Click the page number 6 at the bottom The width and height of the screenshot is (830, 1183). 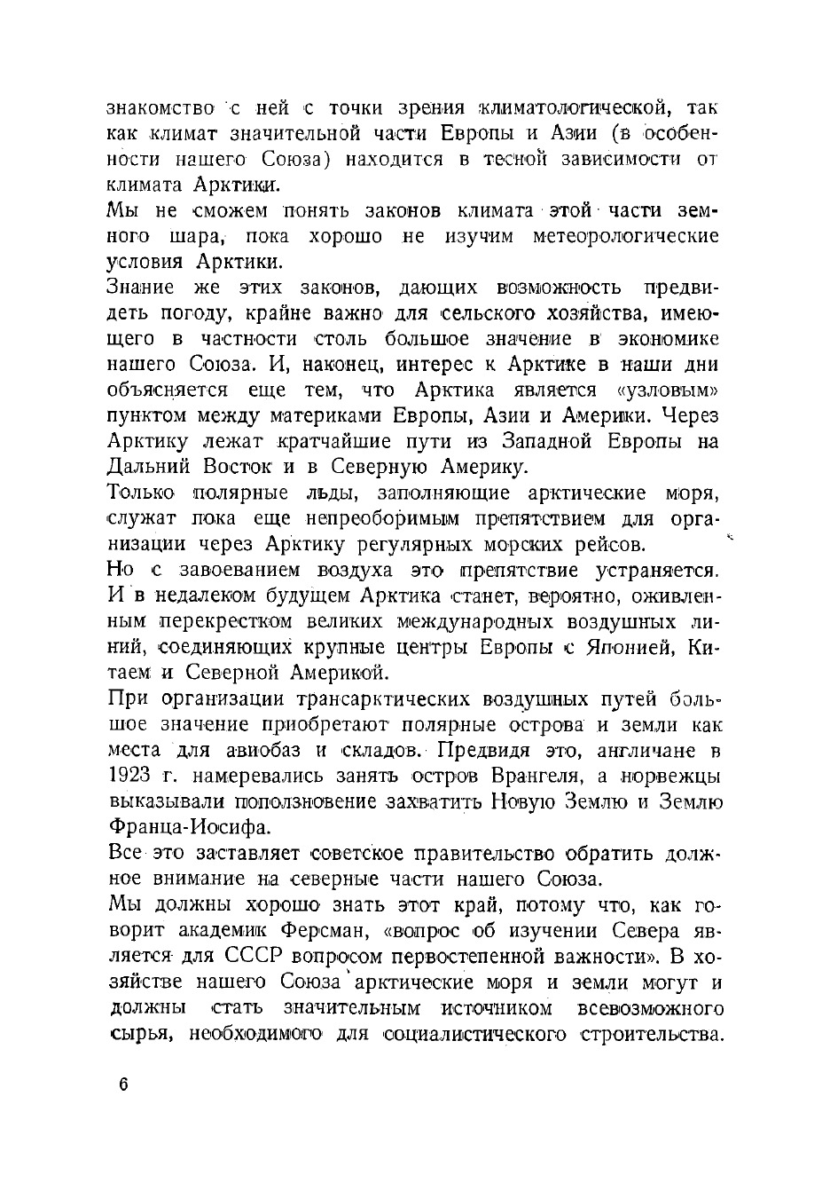coord(122,1085)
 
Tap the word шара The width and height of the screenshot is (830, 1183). coord(193,237)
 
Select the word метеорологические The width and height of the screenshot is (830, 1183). coord(625,237)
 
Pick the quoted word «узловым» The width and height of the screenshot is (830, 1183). coord(667,390)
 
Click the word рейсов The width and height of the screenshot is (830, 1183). coord(605,544)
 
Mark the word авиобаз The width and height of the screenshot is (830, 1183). coord(252,751)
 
